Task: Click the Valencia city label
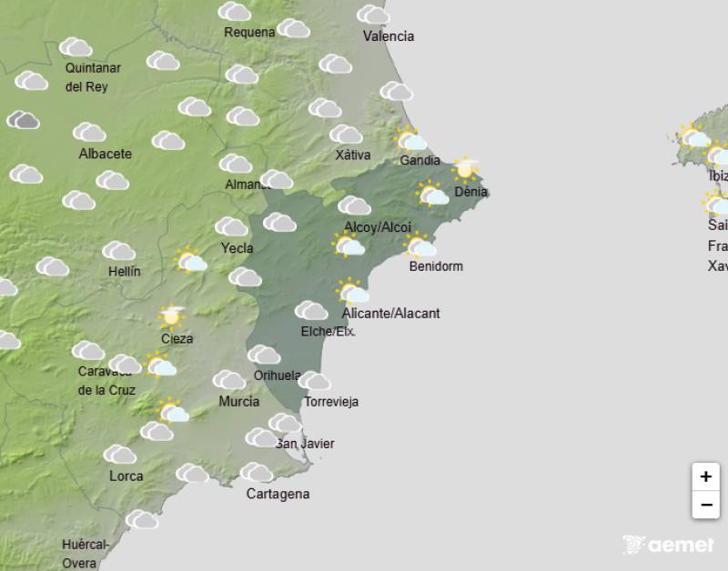tap(389, 36)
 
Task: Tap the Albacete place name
tap(105, 154)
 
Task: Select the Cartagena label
tap(278, 494)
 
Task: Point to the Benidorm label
tap(436, 266)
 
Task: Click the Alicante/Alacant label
tap(390, 314)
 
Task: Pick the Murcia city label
tap(239, 401)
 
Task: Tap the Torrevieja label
tap(331, 402)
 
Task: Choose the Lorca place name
tap(126, 476)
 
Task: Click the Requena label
tap(249, 33)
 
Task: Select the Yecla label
tap(238, 247)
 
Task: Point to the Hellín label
tap(124, 271)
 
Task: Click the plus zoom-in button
tap(705, 476)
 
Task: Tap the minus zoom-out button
tap(705, 505)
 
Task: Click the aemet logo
tap(669, 545)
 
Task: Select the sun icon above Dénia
tap(466, 168)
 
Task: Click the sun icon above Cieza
tap(170, 316)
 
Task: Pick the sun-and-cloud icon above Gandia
tap(411, 139)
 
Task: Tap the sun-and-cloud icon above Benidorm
tap(420, 245)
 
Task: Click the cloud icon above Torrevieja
tap(314, 381)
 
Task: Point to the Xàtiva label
tap(353, 155)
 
